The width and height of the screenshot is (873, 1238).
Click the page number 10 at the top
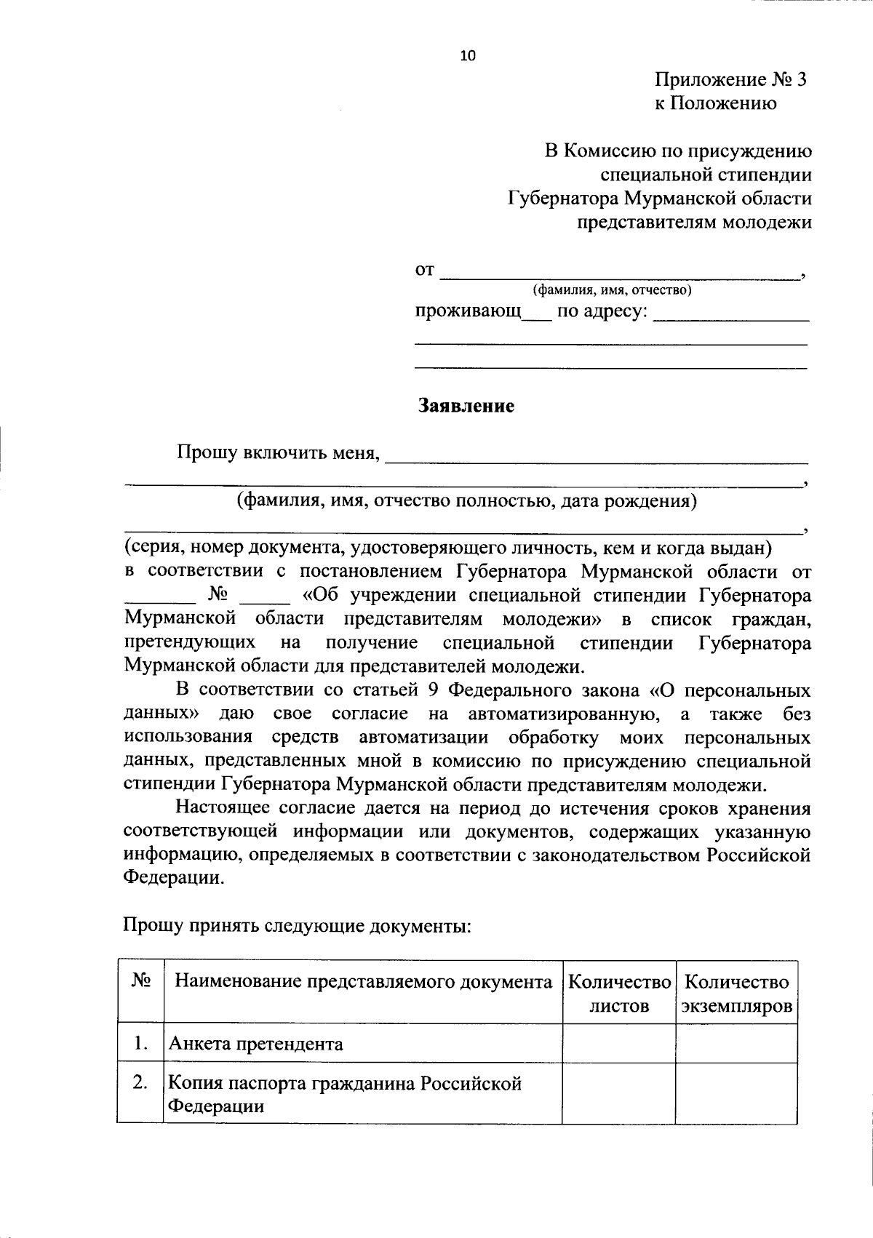coord(467,56)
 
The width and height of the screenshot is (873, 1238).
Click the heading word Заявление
coord(466,406)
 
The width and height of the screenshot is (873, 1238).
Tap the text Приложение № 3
coord(730,79)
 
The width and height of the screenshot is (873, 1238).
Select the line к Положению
coord(715,103)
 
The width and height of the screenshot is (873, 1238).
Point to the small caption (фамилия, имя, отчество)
coord(612,290)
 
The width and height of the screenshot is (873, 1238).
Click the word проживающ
coord(469,312)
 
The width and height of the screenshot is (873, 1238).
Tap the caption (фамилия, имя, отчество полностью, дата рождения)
coord(466,501)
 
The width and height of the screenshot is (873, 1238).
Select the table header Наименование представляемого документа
coord(363,982)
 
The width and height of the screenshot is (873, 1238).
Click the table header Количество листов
coord(619,994)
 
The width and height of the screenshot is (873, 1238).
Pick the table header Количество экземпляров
coord(737,994)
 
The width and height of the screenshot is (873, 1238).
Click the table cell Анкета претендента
coord(256,1045)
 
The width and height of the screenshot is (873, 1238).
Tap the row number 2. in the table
coord(140,1083)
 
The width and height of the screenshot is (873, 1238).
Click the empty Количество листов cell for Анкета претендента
coord(619,1045)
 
